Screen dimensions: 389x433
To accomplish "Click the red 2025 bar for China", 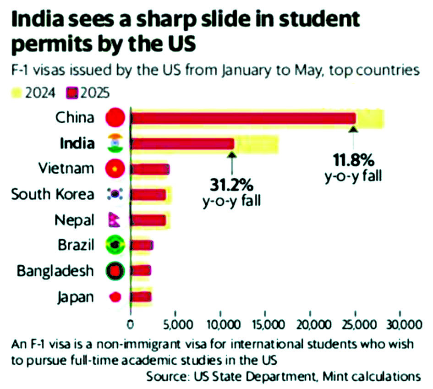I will [243, 118].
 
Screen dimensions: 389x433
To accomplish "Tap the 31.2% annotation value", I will [232, 186].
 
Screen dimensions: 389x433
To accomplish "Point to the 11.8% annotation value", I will [354, 160].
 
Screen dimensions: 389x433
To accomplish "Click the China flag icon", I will [115, 118].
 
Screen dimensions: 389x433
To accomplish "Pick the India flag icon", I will [115, 143].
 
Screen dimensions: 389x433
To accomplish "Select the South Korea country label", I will [53, 194].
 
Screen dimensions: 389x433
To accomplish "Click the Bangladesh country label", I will [55, 271].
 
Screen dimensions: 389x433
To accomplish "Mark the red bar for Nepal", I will [149, 220].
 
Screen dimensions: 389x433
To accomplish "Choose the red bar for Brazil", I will [142, 246].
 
